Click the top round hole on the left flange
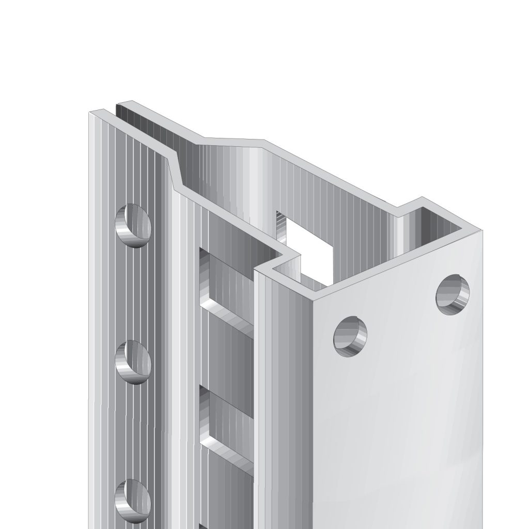[133, 225]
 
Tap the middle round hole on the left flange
[133, 362]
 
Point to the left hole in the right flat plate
[351, 335]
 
